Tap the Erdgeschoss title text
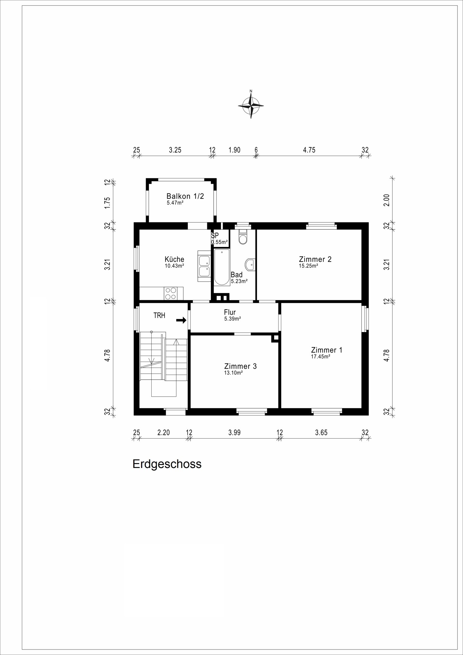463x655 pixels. click(x=167, y=464)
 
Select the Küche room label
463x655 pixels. click(x=175, y=259)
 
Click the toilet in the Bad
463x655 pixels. click(x=243, y=237)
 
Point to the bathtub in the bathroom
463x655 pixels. click(x=222, y=267)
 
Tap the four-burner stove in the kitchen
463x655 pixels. click(x=170, y=293)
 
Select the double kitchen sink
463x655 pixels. click(x=204, y=266)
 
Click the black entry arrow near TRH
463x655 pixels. click(x=181, y=320)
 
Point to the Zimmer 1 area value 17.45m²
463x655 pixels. click(x=321, y=357)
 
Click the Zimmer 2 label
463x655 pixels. click(x=315, y=259)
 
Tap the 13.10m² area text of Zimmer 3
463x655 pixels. click(x=233, y=373)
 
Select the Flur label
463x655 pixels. click(x=230, y=312)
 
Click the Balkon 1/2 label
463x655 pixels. click(x=185, y=196)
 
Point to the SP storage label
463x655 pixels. click(x=215, y=235)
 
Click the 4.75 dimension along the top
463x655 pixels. click(x=309, y=150)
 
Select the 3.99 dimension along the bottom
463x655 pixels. click(x=234, y=432)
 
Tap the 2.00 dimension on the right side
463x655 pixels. click(x=387, y=200)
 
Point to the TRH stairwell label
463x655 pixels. click(x=159, y=315)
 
